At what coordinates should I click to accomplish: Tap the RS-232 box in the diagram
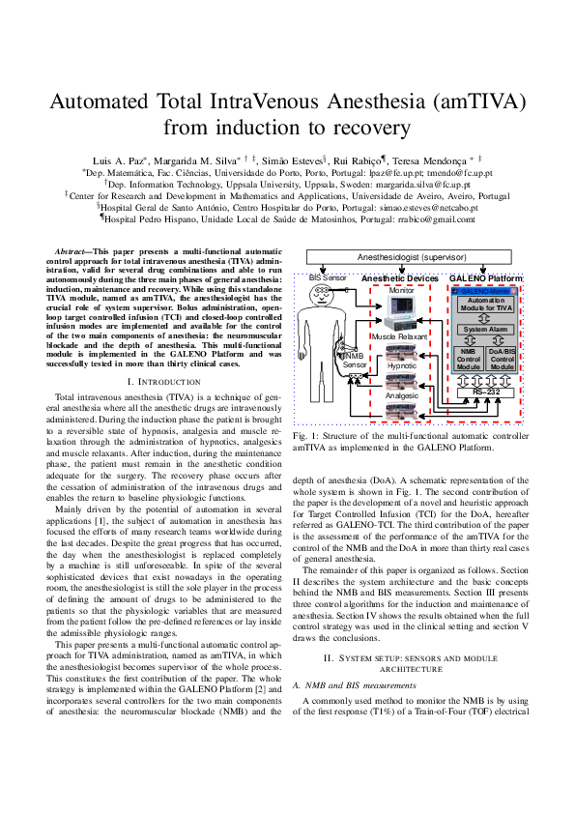pos(487,391)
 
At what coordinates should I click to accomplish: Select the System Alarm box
pos(487,330)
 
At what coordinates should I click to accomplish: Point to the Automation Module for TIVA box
pos(487,303)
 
